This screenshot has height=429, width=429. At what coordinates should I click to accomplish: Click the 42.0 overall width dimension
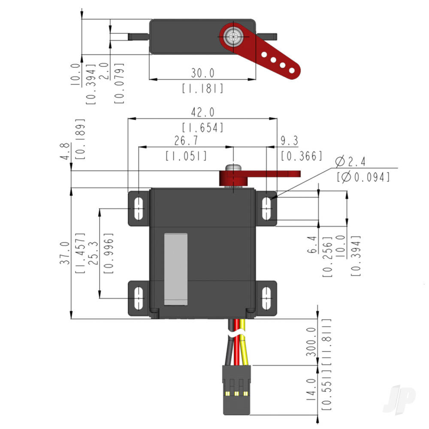click(202, 112)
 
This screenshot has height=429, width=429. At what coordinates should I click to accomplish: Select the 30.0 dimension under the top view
click(202, 73)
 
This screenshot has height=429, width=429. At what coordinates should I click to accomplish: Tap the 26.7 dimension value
click(186, 141)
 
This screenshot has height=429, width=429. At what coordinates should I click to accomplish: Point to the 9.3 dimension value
click(289, 141)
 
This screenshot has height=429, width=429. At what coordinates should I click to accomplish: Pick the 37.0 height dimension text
click(64, 253)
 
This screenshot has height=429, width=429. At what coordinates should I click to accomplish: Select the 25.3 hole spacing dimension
click(92, 253)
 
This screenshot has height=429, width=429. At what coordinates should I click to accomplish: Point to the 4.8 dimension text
click(64, 151)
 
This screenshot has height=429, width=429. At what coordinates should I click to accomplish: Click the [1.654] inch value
click(202, 127)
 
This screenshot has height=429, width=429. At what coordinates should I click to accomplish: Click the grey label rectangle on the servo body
click(176, 269)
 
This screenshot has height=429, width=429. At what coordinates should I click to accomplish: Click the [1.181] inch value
click(202, 88)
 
